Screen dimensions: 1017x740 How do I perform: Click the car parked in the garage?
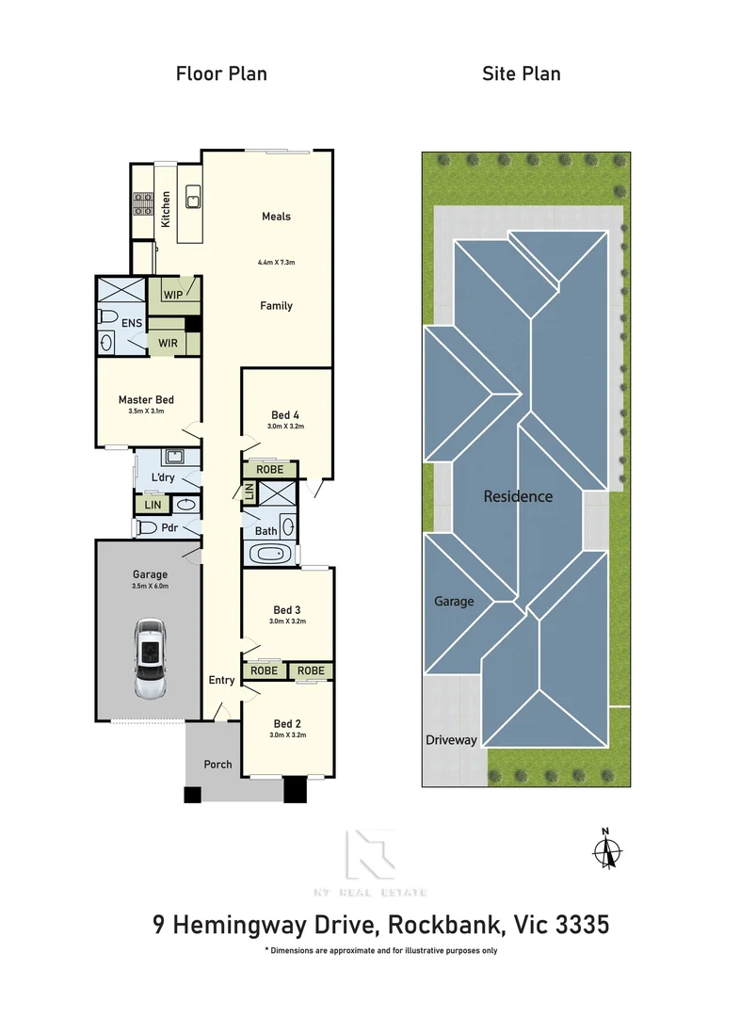(149, 658)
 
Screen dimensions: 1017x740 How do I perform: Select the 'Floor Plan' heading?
(221, 73)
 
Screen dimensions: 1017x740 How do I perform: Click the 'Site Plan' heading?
(522, 73)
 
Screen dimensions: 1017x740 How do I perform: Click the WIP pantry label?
(173, 295)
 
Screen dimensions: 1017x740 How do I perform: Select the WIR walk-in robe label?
(168, 343)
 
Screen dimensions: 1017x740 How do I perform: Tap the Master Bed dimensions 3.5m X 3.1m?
(146, 412)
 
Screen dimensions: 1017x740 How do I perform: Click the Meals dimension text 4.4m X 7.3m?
(276, 262)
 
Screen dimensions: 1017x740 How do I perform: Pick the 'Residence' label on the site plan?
(518, 496)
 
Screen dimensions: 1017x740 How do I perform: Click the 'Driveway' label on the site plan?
(450, 740)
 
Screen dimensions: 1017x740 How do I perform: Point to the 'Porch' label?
(217, 764)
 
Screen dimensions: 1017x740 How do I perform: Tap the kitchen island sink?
(192, 198)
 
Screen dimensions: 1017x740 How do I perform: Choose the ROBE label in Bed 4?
(270, 469)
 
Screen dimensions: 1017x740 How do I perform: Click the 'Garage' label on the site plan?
(454, 601)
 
